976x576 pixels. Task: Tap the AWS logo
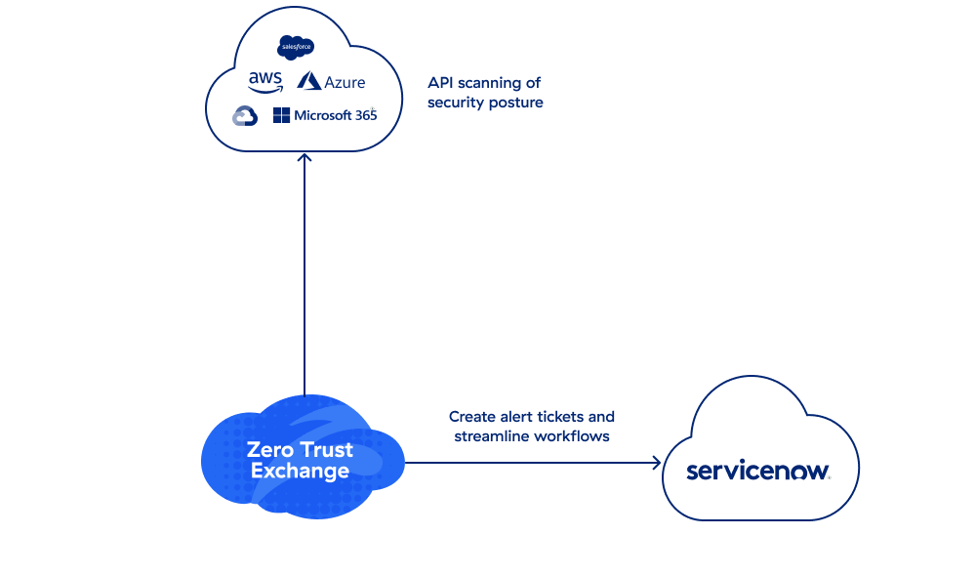pos(264,81)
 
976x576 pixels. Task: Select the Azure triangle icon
pos(309,81)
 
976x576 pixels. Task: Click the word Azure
pos(346,83)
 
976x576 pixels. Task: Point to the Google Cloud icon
pos(245,116)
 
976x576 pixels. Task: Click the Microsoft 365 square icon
pos(281,115)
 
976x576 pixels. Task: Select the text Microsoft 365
pos(335,115)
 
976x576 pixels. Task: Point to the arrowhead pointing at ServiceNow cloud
pos(656,462)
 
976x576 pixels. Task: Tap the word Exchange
pos(300,472)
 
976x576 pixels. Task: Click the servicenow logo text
pos(758,472)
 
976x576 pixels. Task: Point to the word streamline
pos(491,435)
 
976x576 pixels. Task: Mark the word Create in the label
pos(471,416)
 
